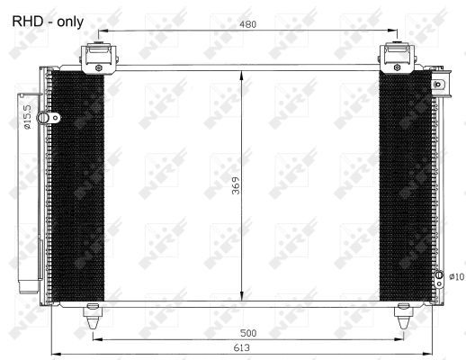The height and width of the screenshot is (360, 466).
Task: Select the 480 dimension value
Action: point(247,24)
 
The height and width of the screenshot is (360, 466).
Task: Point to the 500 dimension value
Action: point(248,333)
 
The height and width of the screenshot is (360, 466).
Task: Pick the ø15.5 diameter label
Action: point(28,116)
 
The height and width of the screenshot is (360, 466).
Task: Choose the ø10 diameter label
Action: point(455,276)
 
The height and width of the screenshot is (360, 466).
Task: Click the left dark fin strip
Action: point(78,186)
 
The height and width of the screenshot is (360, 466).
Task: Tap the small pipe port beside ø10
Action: point(438,276)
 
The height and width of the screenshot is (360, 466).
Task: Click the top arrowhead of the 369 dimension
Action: point(241,75)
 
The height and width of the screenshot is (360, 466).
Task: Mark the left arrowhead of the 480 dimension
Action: point(100,32)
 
